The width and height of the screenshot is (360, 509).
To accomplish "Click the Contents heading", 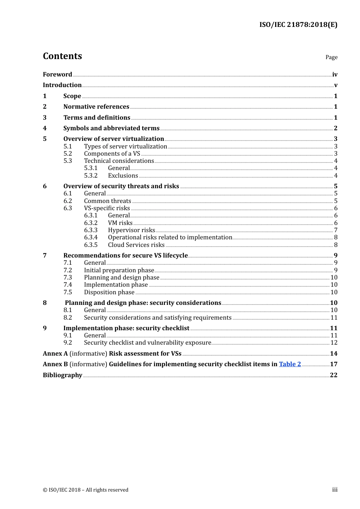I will (x=62, y=56).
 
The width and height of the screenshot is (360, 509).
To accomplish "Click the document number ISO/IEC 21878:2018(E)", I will (x=298, y=25).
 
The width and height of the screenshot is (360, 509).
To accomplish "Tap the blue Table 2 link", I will (x=290, y=364).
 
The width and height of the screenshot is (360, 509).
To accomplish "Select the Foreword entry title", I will (x=57, y=74).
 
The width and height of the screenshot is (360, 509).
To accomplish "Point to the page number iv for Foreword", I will (x=335, y=74).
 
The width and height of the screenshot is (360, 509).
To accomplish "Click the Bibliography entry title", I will (x=63, y=375).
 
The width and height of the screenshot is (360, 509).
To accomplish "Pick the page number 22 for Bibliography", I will (x=333, y=375).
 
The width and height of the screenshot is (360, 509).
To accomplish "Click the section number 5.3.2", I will (x=91, y=175).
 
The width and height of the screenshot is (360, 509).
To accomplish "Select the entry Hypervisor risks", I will (x=131, y=230).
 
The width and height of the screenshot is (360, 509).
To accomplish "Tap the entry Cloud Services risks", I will (x=136, y=245).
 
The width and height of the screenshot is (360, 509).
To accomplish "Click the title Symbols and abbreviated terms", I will (x=111, y=128).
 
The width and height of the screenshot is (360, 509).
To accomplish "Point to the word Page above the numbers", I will (x=331, y=57).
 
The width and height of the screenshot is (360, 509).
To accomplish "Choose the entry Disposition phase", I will (x=109, y=292).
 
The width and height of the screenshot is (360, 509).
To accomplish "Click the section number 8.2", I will (x=68, y=317).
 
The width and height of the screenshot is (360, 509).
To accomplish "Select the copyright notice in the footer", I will (x=86, y=490).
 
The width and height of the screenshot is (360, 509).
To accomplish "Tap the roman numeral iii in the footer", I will (x=335, y=489).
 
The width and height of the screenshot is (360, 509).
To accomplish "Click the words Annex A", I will (x=55, y=353).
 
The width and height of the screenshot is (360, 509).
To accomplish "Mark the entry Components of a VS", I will (x=112, y=153).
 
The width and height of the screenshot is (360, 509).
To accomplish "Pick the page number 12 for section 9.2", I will (x=334, y=342).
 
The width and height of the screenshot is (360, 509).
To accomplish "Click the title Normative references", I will (x=96, y=106).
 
